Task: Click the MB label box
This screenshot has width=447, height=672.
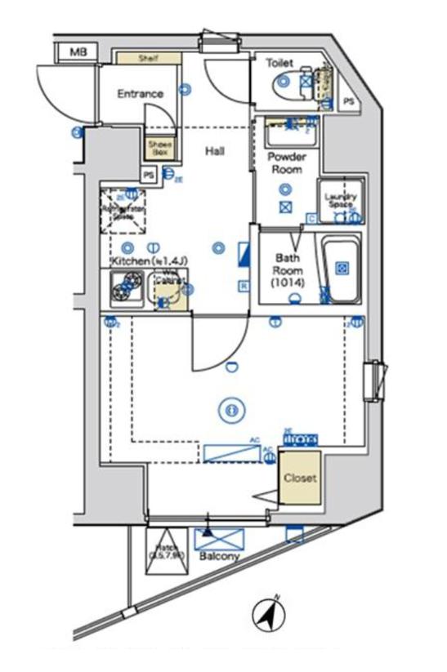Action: (78, 53)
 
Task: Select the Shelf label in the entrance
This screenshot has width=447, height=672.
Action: (147, 58)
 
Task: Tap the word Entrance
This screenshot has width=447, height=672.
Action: (140, 94)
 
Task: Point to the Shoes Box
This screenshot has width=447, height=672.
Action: (159, 148)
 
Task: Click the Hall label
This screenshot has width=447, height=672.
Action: (215, 151)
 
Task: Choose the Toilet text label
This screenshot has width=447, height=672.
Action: (279, 61)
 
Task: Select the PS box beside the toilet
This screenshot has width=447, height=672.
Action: (349, 102)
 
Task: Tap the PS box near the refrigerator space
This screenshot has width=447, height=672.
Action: (149, 175)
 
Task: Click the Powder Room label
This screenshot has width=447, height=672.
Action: (287, 163)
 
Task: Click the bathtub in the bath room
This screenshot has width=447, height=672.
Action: (342, 269)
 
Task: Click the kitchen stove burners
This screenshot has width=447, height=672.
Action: (126, 287)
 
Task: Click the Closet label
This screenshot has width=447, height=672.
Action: (300, 478)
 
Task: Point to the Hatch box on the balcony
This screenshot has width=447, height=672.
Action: (168, 549)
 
